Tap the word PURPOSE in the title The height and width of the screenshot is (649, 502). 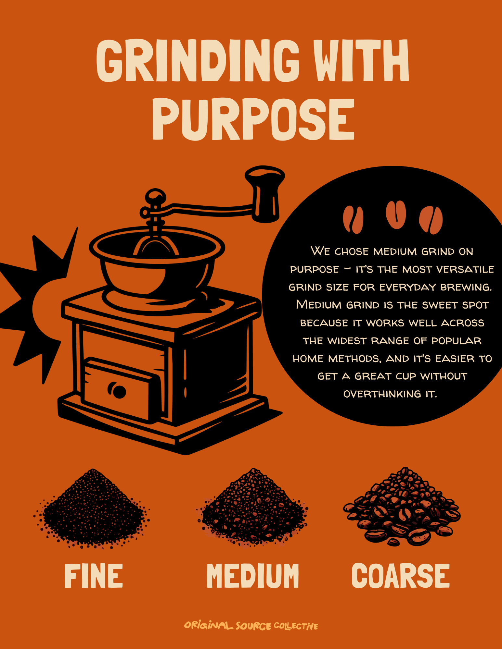click(x=253, y=119)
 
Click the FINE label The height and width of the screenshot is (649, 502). click(x=94, y=576)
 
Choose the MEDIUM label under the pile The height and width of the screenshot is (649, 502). click(x=253, y=576)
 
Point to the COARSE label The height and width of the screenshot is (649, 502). click(x=401, y=576)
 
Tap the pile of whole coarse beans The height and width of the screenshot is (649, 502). click(x=402, y=506)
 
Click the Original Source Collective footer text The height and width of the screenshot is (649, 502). click(x=251, y=625)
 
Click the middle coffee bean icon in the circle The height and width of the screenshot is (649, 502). click(x=396, y=215)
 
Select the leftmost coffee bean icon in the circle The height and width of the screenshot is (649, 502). click(x=353, y=219)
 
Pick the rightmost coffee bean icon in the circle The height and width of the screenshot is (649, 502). click(x=431, y=220)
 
